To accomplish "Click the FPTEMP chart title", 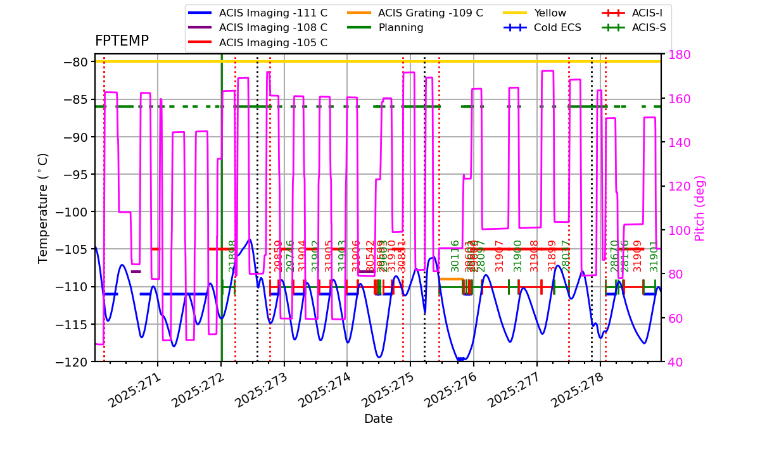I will (122, 41).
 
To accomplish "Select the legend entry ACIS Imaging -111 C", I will (273, 13).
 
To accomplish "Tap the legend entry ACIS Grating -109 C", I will (430, 13).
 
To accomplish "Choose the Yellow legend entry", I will (550, 13).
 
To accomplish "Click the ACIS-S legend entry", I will (649, 28).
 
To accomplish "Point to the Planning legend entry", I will (401, 28).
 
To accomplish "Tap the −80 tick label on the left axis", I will (76, 62).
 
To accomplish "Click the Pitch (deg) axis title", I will (700, 208).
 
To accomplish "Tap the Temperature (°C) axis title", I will (43, 208).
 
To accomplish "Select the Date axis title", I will (378, 419).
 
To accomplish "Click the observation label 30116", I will (455, 256).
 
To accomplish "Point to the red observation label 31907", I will (500, 256).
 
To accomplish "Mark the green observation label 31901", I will (654, 256).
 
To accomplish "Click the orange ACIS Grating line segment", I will (451, 279).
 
